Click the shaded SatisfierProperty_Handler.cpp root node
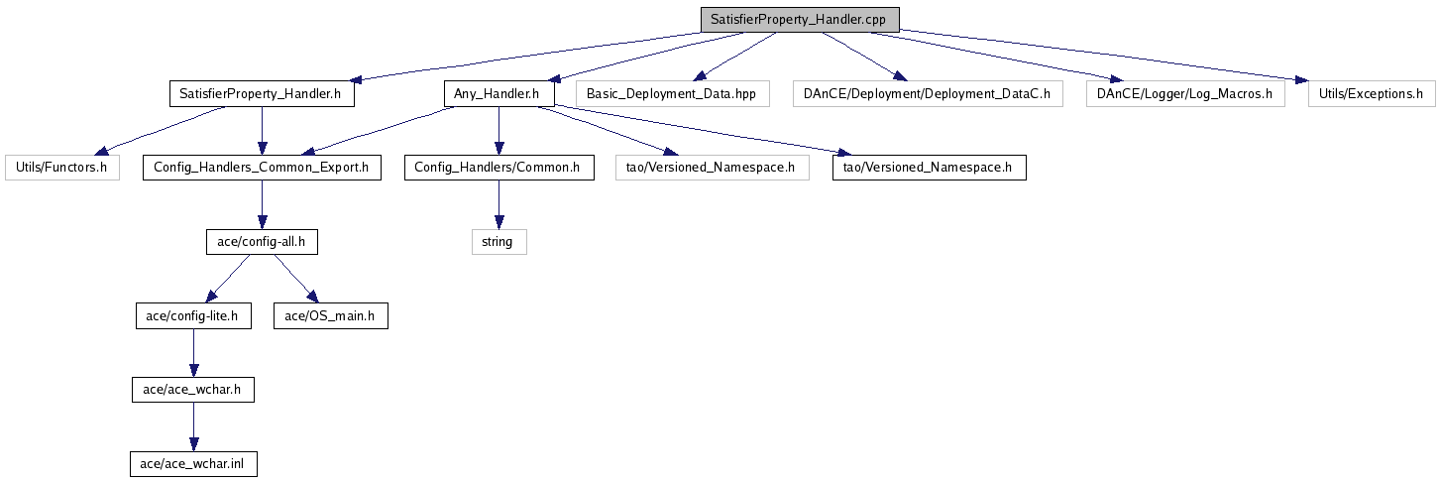pyautogui.click(x=800, y=19)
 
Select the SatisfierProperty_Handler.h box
pyautogui.click(x=262, y=94)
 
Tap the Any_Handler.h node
pyautogui.click(x=498, y=94)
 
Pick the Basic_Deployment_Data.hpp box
pyautogui.click(x=672, y=94)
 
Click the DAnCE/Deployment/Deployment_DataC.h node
pyautogui.click(x=928, y=94)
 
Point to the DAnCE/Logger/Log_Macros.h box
pyautogui.click(x=1185, y=94)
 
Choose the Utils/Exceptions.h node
pyautogui.click(x=1372, y=94)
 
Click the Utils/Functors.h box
pyautogui.click(x=62, y=168)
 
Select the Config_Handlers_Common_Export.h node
pyautogui.click(x=262, y=168)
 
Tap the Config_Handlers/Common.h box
pyautogui.click(x=498, y=168)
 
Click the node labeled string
pyautogui.click(x=498, y=242)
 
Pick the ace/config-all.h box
pyautogui.click(x=262, y=242)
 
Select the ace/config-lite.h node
pyautogui.click(x=193, y=315)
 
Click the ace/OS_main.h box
pyautogui.click(x=330, y=315)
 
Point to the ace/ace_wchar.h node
pyautogui.click(x=193, y=390)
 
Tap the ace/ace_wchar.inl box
pyautogui.click(x=193, y=463)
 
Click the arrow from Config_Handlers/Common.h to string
pyautogui.click(x=498, y=204)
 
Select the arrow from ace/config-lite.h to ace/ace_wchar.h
pyautogui.click(x=193, y=353)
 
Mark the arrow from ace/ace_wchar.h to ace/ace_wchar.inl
pyautogui.click(x=193, y=427)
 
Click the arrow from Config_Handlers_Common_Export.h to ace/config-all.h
pyautogui.click(x=262, y=204)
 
